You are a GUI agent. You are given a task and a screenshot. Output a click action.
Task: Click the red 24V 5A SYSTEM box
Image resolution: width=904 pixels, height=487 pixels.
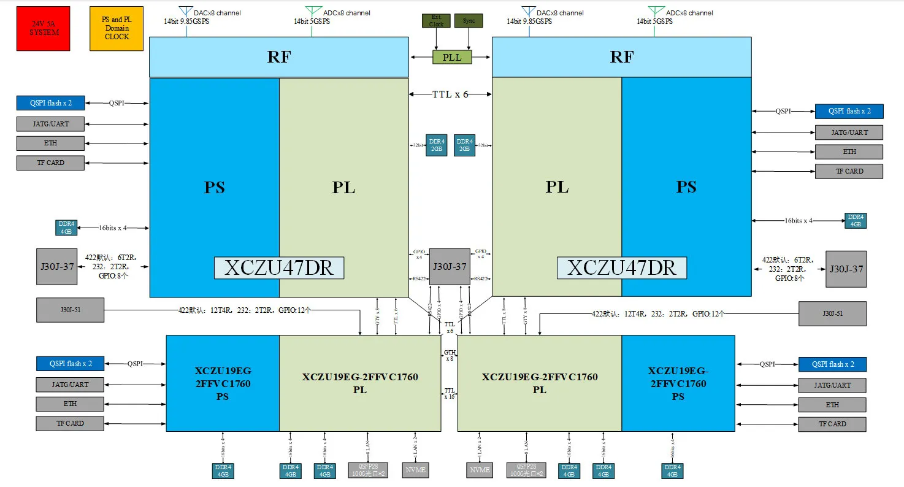tap(43, 28)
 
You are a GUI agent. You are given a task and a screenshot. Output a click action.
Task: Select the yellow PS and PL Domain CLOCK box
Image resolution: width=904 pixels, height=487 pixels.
tap(117, 28)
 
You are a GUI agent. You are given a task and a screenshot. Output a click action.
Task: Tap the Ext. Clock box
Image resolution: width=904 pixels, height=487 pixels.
tap(436, 21)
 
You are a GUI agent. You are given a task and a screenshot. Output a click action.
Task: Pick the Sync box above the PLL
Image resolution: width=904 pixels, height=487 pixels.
tap(469, 21)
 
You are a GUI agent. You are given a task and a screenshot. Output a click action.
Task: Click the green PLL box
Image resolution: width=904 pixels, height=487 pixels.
tap(451, 57)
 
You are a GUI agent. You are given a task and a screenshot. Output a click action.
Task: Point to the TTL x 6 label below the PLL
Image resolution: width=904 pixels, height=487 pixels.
tap(451, 94)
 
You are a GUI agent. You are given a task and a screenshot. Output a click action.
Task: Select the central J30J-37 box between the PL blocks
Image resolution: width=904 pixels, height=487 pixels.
tap(450, 266)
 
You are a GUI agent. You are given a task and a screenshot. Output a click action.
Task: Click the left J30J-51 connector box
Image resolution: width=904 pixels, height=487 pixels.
tap(70, 310)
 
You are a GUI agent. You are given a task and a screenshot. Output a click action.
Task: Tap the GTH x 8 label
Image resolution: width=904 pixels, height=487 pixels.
tap(449, 355)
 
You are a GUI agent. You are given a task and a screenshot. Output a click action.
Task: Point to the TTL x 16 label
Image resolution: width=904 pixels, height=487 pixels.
tap(450, 393)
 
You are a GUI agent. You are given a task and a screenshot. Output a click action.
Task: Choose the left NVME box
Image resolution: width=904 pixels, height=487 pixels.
tap(415, 470)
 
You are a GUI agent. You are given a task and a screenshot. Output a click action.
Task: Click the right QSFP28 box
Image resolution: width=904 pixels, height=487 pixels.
tap(526, 470)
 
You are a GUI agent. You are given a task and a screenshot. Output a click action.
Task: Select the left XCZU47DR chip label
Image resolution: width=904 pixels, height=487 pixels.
tap(278, 268)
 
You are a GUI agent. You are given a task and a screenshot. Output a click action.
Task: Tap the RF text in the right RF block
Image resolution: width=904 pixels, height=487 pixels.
tap(621, 57)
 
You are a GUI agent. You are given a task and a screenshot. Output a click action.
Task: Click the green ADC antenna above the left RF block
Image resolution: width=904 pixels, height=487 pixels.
tap(313, 12)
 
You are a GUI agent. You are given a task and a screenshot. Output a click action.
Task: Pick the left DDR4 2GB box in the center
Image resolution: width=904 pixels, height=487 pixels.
tap(436, 145)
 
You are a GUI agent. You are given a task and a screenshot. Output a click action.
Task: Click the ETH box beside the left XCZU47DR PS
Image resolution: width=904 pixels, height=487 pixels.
tap(50, 143)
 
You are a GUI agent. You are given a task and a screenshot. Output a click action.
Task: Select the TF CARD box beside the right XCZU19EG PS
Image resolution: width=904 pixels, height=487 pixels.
tap(832, 424)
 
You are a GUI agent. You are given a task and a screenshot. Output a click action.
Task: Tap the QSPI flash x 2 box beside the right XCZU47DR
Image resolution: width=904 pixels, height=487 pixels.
tap(849, 111)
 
